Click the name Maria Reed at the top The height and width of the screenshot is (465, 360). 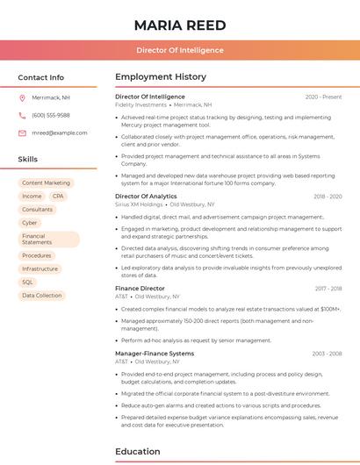tap(179, 25)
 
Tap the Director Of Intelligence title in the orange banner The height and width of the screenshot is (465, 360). tap(179, 50)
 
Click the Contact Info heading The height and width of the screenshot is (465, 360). tap(41, 77)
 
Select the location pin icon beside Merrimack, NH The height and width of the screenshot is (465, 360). tap(23, 98)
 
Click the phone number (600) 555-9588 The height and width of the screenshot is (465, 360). tap(51, 115)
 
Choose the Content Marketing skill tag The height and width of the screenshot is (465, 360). tap(46, 183)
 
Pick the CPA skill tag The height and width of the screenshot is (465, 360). tap(57, 197)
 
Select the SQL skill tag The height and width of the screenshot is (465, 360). tap(27, 282)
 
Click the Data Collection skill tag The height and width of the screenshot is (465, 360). tap(42, 296)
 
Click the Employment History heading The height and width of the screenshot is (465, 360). tap(161, 77)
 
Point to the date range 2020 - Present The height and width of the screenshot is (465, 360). tap(323, 97)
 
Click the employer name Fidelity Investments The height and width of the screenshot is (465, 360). tap(140, 104)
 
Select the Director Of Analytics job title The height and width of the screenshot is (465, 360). tap(146, 197)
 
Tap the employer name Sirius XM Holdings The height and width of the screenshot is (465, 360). tap(139, 204)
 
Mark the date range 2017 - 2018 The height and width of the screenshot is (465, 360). tap(328, 289)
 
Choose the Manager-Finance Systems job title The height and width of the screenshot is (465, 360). tap(155, 353)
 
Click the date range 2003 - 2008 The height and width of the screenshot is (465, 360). tap(327, 354)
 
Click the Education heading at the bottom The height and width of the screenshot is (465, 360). tap(138, 453)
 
